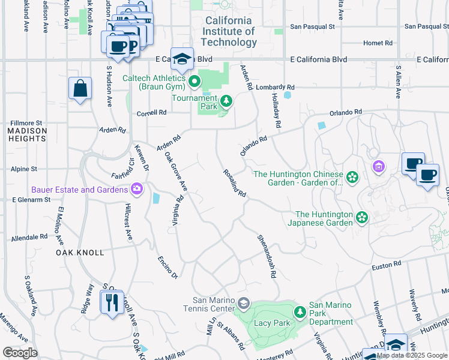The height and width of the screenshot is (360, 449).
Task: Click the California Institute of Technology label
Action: pyautogui.click(x=229, y=31)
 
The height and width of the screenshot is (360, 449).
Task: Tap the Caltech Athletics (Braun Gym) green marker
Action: pyautogui.click(x=194, y=81)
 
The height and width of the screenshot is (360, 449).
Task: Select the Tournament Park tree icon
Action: pyautogui.click(x=226, y=101)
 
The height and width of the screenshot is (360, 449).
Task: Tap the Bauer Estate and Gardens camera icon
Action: pyautogui.click(x=137, y=190)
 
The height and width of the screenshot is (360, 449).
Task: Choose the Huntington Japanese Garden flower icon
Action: pyautogui.click(x=361, y=217)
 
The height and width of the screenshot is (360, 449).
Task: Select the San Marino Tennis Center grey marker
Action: pyautogui.click(x=243, y=302)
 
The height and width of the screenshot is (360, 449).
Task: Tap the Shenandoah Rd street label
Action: pyautogui.click(x=267, y=256)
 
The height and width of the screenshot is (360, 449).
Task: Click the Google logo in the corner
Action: pyautogui.click(x=20, y=352)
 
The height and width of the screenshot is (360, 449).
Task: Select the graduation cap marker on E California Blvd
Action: pyautogui.click(x=182, y=59)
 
